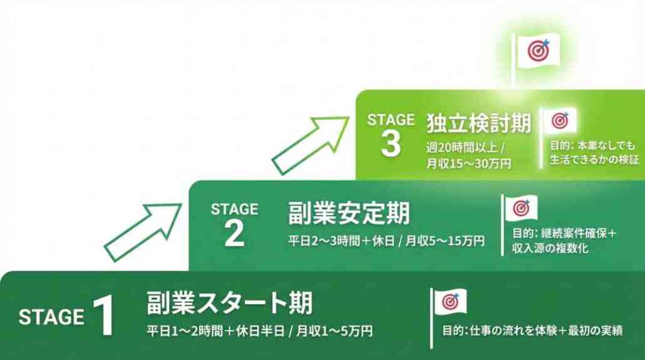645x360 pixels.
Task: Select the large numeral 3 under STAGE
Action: pos(390,144)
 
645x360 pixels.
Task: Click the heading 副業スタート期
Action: pos(229,304)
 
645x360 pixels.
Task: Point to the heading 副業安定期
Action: pos(349,213)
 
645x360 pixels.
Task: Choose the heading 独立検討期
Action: pos(478,123)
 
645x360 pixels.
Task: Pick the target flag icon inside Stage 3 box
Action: pos(559,120)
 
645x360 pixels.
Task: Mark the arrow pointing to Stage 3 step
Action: pos(309,144)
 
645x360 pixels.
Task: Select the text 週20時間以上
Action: pos(461,148)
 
